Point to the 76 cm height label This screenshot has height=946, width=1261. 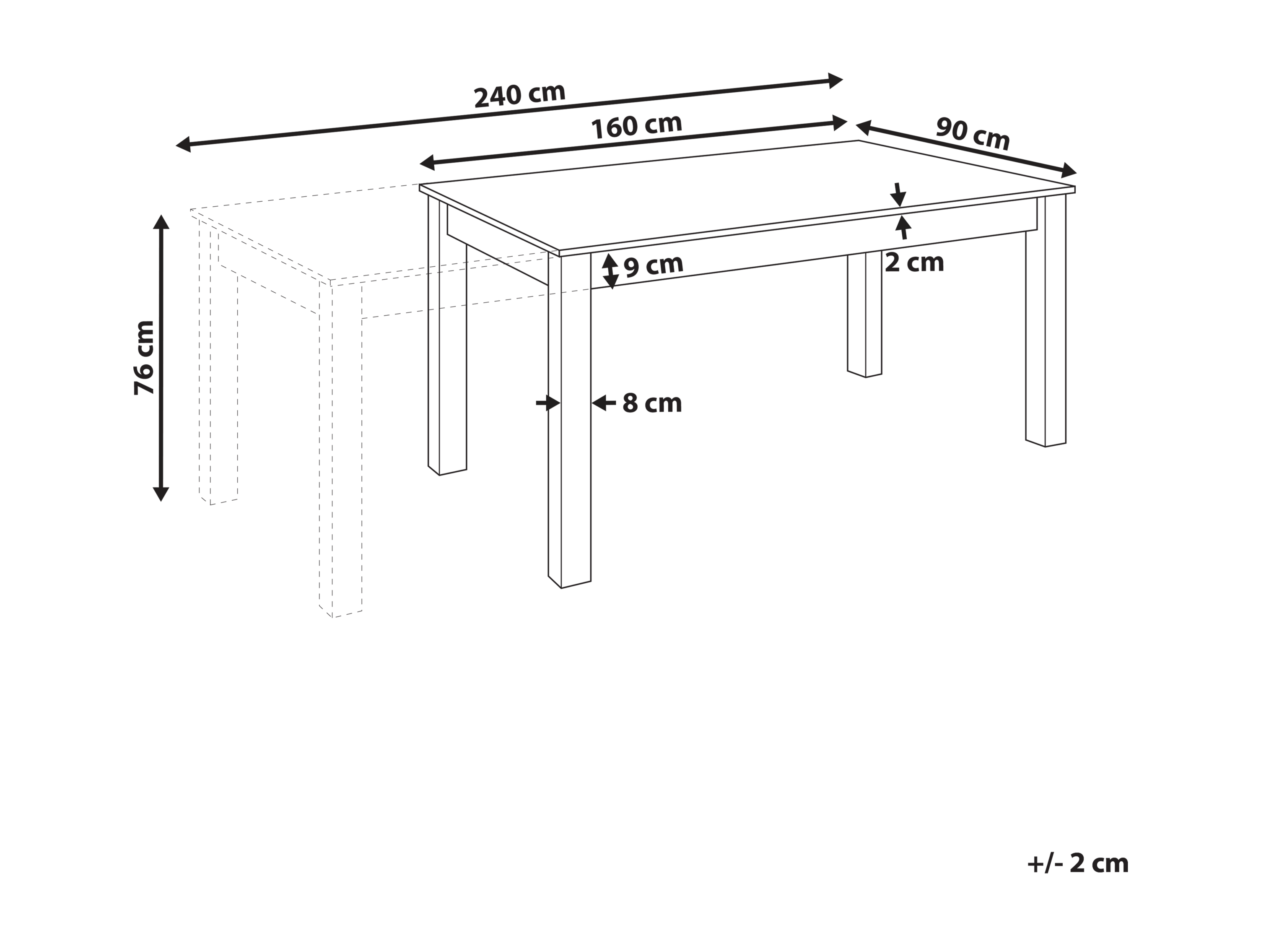pos(144,358)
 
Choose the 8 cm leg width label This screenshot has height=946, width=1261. pos(652,403)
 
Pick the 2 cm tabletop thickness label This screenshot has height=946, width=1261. pos(914,262)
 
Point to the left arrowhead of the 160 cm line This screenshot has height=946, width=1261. pos(428,163)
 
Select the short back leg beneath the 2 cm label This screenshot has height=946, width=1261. pos(865,314)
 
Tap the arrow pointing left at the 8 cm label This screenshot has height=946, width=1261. pos(604,403)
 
